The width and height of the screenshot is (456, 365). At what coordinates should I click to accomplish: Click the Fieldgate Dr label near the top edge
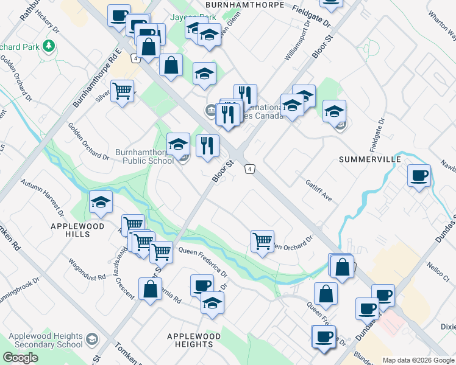[x=311, y=16]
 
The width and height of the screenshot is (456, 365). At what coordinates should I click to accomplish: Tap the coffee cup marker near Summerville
[x=419, y=176]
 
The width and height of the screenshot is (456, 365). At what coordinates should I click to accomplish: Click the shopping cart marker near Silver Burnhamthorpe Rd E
[x=122, y=92]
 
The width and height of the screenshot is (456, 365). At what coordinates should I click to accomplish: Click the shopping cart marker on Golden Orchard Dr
[x=262, y=240]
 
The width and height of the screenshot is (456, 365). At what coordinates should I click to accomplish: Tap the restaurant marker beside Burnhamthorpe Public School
[x=207, y=146]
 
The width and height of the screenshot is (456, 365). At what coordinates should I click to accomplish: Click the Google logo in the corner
[x=20, y=358]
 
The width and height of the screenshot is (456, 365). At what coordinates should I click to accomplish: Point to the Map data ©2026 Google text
[x=418, y=360]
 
